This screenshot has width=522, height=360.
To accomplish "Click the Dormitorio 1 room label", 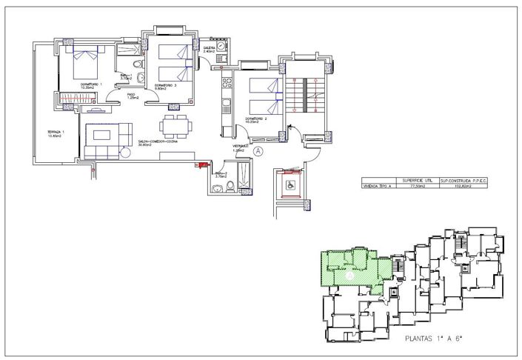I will coord(90,84).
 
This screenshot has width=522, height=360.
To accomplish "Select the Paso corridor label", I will coord(131,96).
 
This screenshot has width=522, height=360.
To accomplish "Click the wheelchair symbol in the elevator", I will coord(290,185).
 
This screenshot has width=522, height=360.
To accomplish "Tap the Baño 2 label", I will coord(220,174).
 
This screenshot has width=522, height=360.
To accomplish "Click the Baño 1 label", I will coord(125,76).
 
